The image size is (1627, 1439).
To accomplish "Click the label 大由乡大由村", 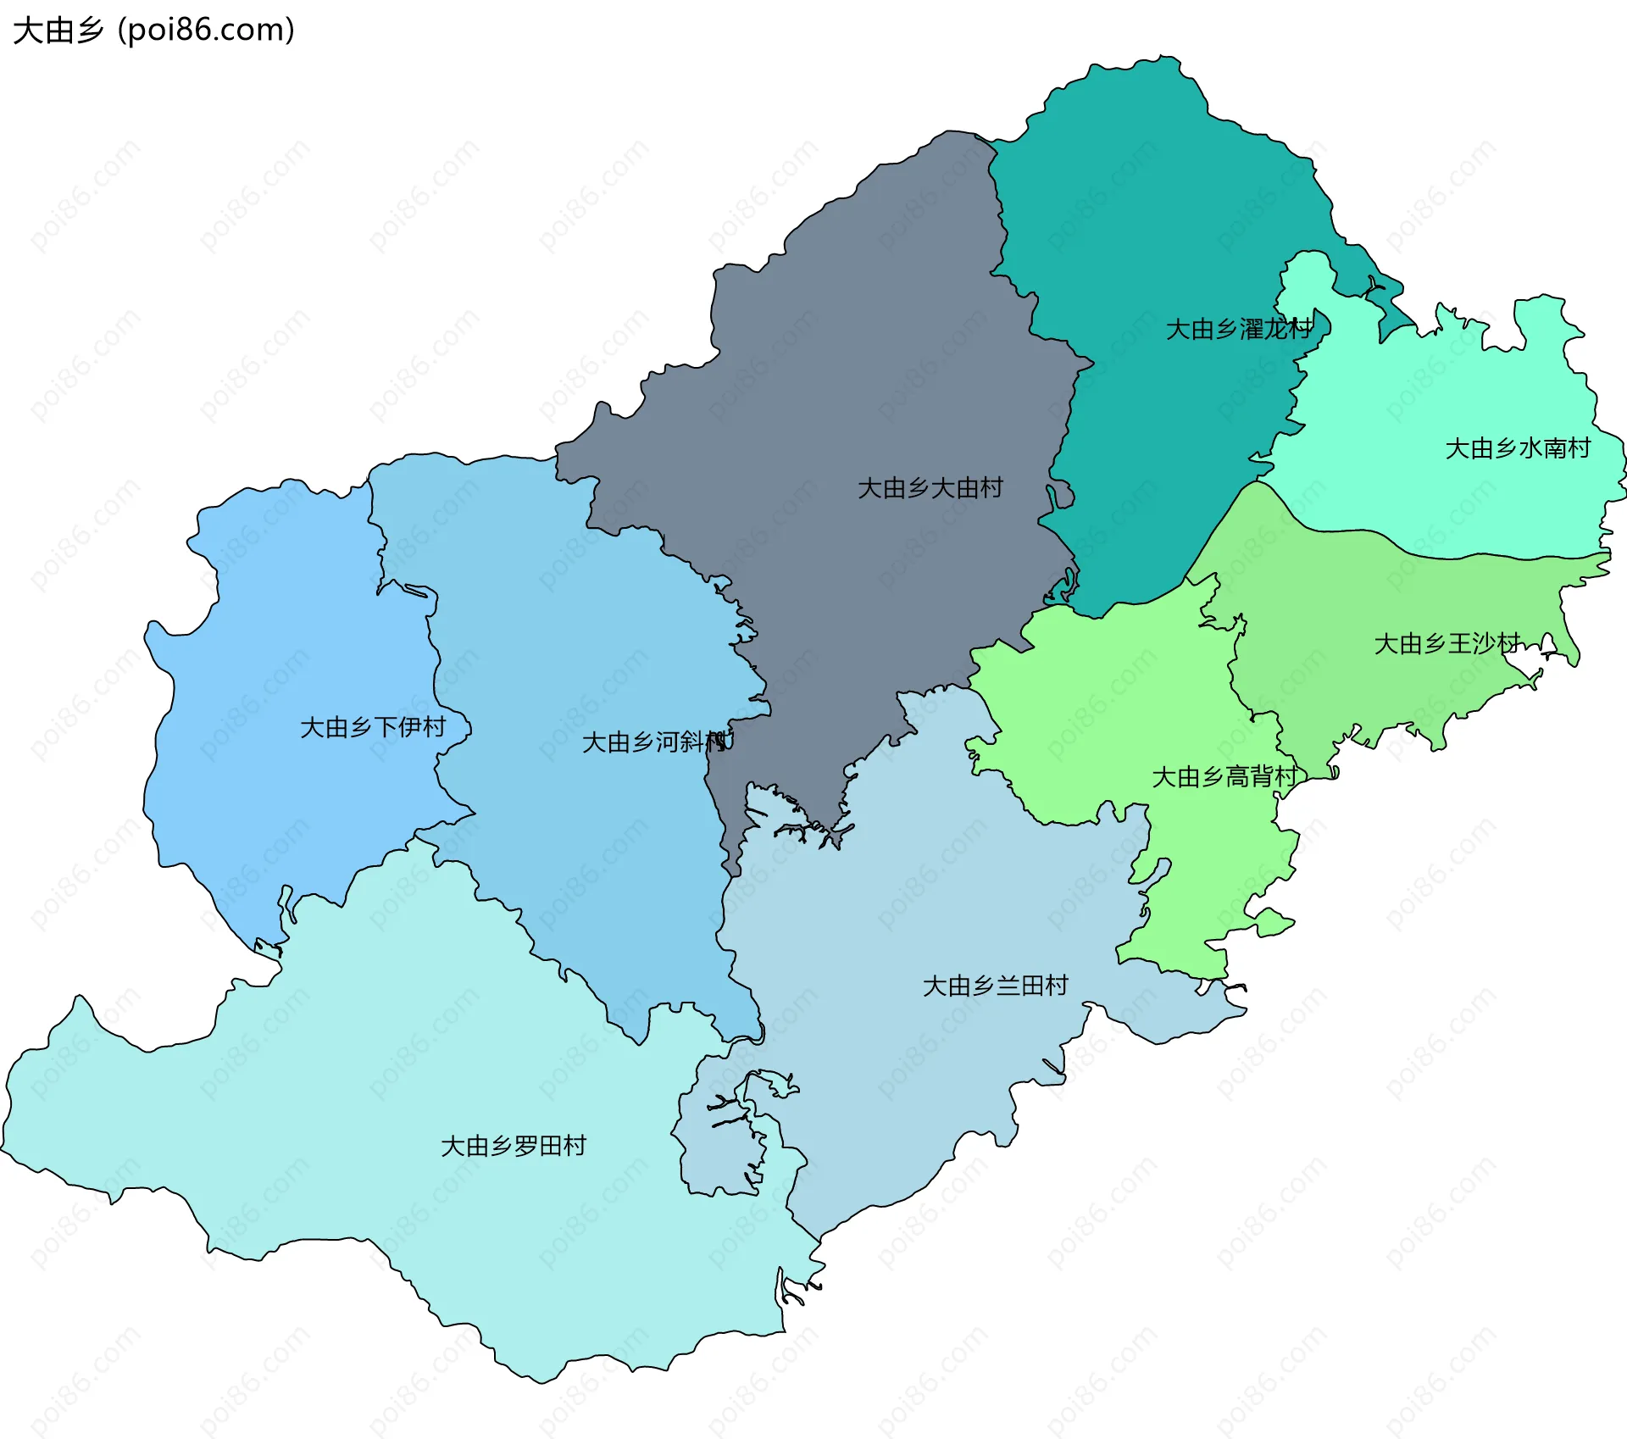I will tap(930, 488).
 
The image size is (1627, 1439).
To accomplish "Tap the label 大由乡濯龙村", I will tap(1239, 329).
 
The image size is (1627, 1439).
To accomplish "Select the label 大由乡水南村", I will tap(1518, 448).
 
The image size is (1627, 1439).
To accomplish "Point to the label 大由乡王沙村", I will tap(1447, 644).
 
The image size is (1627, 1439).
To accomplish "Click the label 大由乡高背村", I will tap(1224, 776).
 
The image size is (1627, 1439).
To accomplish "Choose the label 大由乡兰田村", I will tap(995, 986).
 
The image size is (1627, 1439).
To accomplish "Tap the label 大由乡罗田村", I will tap(514, 1146).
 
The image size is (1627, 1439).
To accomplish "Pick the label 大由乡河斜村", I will tap(655, 742).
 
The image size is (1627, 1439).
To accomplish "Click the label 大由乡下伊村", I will tap(373, 727).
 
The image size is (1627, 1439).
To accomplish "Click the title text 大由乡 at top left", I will tap(58, 31).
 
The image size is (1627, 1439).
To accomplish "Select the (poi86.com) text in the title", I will tap(207, 31).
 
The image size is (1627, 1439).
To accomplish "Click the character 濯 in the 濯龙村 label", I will tap(1252, 329).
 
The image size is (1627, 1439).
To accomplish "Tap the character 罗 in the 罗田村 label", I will tap(526, 1146).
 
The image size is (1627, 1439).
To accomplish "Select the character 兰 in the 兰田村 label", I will tap(1008, 986).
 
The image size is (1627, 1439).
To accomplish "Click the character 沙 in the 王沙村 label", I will tap(1484, 644).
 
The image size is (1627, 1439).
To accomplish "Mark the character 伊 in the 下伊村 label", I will tap(410, 727).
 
